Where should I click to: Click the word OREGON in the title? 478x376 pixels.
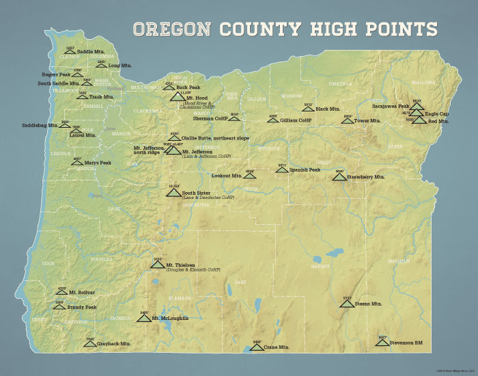[x=172, y=29]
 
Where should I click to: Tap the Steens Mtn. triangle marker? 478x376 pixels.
[x=347, y=302]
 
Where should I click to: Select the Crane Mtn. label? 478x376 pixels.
[x=276, y=347]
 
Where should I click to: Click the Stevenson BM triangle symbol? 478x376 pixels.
[x=382, y=341]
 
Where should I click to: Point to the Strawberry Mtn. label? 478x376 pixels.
[x=366, y=177]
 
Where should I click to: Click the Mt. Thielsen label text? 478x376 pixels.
[x=180, y=265]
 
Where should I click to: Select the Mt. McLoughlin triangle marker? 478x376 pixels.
[x=143, y=318]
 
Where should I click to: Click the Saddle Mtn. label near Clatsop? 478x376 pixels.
[x=90, y=52]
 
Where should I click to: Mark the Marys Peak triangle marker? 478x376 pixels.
[x=77, y=163]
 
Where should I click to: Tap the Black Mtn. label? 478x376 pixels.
[x=328, y=109]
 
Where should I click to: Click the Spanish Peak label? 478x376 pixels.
[x=305, y=170]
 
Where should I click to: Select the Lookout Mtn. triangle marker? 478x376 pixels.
[x=250, y=175]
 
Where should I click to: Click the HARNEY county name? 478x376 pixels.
[x=320, y=266]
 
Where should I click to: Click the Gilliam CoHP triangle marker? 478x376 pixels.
[x=272, y=120]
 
